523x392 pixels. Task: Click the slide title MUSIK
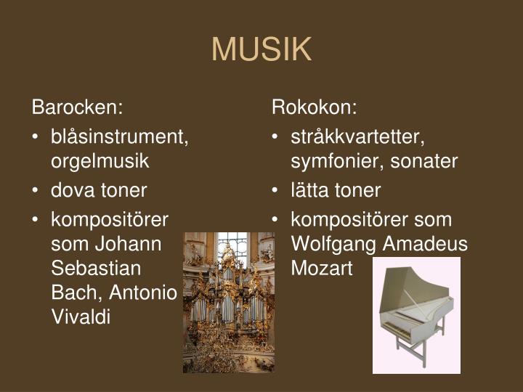pyautogui.click(x=261, y=49)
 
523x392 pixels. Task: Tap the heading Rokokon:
pyautogui.click(x=315, y=108)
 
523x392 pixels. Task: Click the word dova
pyautogui.click(x=70, y=190)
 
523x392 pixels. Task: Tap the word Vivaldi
pyautogui.click(x=81, y=317)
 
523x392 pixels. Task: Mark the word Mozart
pyautogui.click(x=321, y=269)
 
